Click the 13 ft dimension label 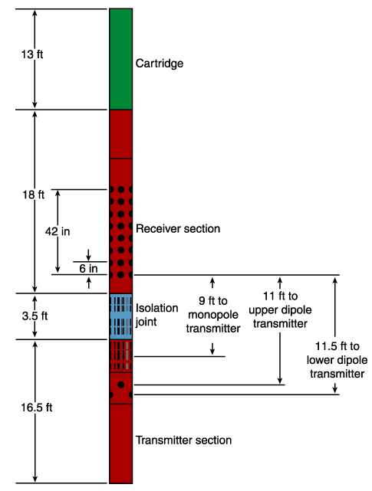click(x=32, y=54)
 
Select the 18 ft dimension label click(x=33, y=195)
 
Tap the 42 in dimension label click(x=58, y=231)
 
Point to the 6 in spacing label click(x=88, y=268)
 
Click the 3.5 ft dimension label click(x=35, y=316)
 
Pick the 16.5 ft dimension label click(x=37, y=408)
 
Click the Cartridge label click(x=160, y=64)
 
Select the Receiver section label click(x=178, y=228)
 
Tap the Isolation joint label click(x=156, y=315)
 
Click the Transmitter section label click(x=183, y=440)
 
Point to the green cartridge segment click(x=120, y=59)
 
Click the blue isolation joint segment click(x=120, y=316)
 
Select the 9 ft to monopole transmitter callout click(x=213, y=314)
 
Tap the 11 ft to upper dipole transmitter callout click(x=280, y=309)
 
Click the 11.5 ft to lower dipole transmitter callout click(x=337, y=360)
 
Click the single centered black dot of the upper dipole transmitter click(x=120, y=385)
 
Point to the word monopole click(x=213, y=315)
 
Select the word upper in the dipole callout click(x=262, y=310)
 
